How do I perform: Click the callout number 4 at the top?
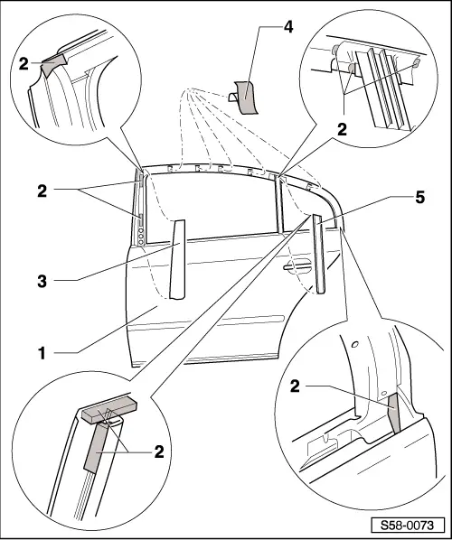[x=288, y=27]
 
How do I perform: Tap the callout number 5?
[x=419, y=198]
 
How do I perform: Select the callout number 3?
[x=42, y=282]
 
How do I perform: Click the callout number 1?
[x=42, y=354]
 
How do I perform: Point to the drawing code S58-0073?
[x=407, y=526]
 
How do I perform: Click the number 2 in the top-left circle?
[x=24, y=64]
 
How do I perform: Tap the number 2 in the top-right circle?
[x=342, y=130]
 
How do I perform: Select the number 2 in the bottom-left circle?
[x=159, y=452]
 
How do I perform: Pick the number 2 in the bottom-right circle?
[x=295, y=386]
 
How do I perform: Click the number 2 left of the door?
[x=42, y=191]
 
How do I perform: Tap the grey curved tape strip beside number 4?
[x=246, y=98]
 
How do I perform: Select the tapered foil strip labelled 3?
[x=177, y=259]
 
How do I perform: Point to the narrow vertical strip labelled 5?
[x=319, y=254]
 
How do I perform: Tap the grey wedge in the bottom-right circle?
[x=395, y=413]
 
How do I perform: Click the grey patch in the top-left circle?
[x=53, y=64]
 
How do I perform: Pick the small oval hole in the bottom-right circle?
[x=355, y=344]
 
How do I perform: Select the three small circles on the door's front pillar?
[x=140, y=236]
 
